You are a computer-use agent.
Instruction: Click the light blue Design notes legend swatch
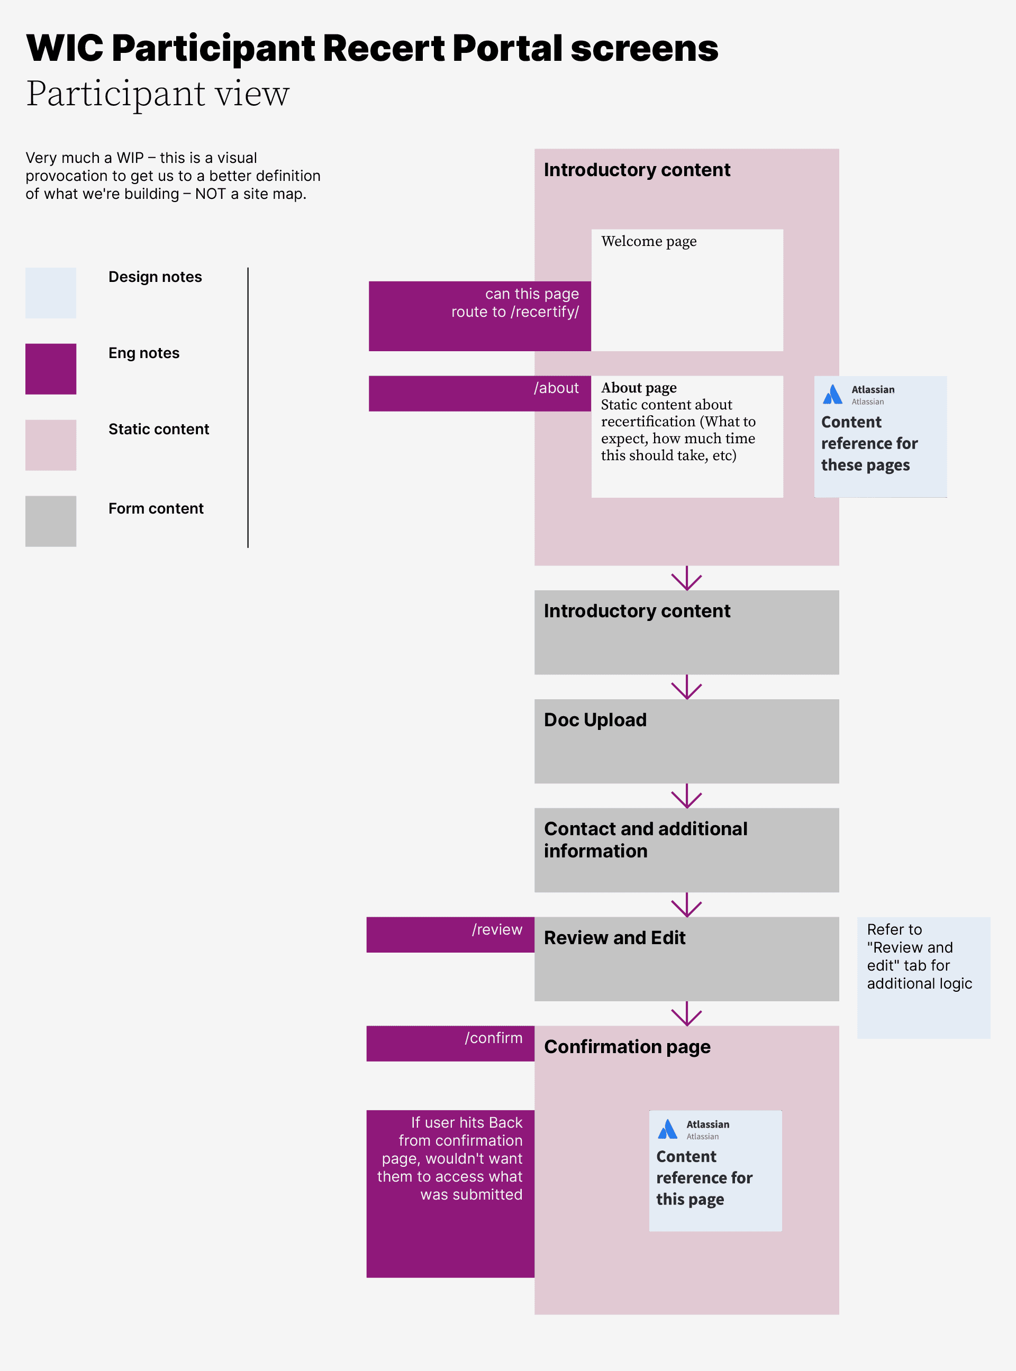tap(50, 293)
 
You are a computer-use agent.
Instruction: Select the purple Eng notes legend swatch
tap(50, 369)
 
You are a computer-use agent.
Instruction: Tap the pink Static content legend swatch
tap(50, 445)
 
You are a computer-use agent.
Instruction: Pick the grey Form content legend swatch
tap(50, 522)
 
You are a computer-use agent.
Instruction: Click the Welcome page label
tap(648, 241)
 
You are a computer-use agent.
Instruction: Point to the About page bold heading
tap(638, 388)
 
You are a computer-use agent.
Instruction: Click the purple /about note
tap(480, 394)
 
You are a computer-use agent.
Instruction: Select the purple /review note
tap(450, 935)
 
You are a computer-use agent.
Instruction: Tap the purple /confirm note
tap(450, 1043)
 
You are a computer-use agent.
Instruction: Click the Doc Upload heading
tap(595, 720)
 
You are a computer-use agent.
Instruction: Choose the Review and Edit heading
tap(614, 938)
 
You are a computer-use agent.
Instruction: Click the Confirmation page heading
tap(627, 1046)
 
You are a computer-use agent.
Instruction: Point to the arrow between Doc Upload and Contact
tap(686, 797)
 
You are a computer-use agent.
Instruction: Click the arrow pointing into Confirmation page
tap(686, 1014)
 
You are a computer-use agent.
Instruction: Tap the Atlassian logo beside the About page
tap(833, 395)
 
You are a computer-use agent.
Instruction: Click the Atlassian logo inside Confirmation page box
tap(667, 1129)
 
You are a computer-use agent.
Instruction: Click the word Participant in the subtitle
tap(115, 94)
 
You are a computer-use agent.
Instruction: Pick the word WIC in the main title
tap(65, 48)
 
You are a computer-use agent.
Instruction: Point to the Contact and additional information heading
tap(645, 840)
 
